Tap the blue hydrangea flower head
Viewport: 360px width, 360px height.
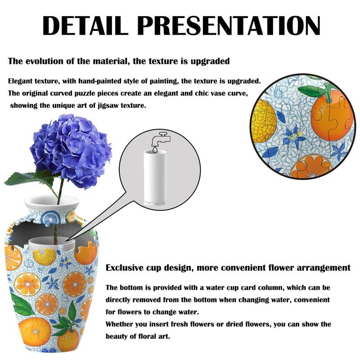click(72, 148)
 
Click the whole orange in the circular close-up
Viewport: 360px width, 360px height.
click(332, 115)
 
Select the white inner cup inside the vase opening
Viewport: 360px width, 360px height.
click(49, 243)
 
